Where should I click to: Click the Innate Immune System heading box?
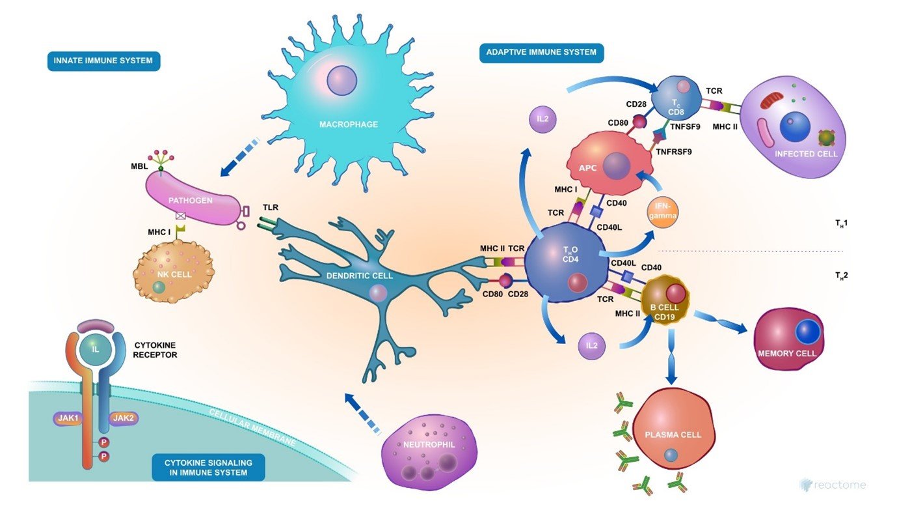[104, 62]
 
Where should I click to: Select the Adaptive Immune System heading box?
[542, 53]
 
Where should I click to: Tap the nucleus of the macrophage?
[342, 79]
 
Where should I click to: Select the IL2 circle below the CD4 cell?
[591, 345]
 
